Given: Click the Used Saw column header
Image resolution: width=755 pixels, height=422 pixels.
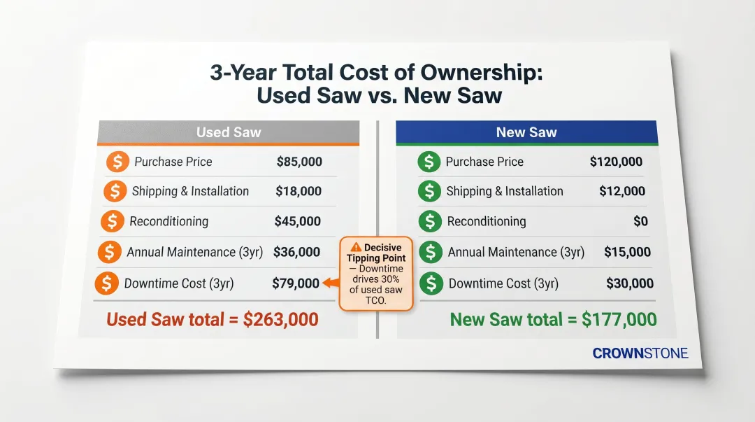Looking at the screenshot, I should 228,132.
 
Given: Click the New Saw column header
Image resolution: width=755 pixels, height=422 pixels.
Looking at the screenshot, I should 526,132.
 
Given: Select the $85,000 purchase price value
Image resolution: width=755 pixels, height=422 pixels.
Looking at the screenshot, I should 299,162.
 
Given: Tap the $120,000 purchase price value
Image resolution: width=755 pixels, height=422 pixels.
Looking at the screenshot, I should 616,162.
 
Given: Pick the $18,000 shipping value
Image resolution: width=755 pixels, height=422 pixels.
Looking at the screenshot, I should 299,191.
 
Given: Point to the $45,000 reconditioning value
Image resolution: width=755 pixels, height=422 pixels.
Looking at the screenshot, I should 298,221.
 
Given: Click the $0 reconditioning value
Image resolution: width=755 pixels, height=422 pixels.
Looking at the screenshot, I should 640,221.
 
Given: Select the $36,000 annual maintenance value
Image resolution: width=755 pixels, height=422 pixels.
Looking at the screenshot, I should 296,252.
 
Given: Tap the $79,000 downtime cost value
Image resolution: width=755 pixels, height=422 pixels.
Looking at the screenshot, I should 296,283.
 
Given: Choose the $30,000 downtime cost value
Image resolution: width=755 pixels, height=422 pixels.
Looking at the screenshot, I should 630,283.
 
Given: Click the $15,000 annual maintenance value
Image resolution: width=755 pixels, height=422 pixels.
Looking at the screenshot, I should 627,252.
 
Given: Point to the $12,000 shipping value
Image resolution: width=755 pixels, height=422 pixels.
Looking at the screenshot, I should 622,191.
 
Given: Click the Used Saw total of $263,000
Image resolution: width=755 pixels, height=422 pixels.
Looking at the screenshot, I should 212,320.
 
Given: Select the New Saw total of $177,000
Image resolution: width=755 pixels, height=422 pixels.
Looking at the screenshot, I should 553,320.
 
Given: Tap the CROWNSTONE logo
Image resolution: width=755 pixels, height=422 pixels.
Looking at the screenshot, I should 640,353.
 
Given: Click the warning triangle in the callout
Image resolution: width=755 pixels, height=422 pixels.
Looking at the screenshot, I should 356,246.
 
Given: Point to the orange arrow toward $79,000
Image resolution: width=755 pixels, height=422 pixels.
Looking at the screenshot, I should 330,283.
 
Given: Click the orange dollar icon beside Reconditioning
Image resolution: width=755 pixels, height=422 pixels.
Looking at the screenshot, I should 113,222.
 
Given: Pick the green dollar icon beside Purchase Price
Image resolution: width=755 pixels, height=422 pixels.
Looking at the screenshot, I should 429,162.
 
